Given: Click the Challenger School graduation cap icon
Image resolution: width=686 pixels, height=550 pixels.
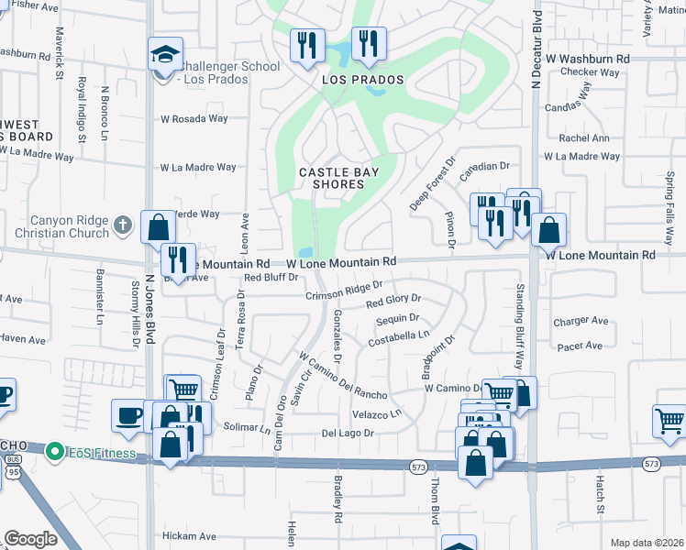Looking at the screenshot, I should pos(166,53).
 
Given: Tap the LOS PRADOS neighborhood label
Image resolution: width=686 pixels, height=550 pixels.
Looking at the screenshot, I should pos(362,81).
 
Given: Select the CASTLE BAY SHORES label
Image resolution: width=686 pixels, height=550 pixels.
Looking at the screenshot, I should pos(333,178).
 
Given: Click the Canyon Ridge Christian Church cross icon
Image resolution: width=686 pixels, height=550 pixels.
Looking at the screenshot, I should pos(123,224).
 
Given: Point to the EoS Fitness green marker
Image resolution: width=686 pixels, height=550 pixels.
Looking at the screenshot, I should pos(55,452).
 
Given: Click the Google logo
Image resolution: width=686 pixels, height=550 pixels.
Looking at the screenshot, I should pos(30,539).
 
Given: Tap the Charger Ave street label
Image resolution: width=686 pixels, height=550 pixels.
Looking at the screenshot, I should pos(581,322).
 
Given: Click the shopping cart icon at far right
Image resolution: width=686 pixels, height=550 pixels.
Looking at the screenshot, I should pos(669,422).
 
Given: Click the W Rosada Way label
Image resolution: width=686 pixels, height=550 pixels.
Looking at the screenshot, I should pos(194,118).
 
